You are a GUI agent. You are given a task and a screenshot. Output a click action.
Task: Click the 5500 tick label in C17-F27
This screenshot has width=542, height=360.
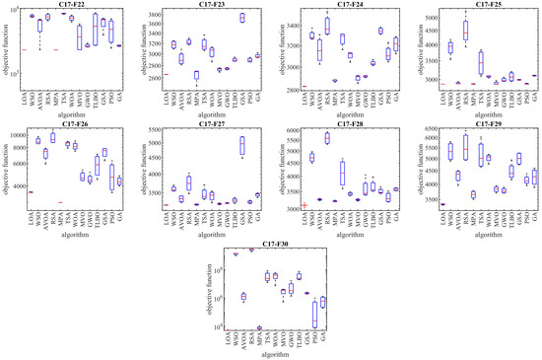tap(164, 129)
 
